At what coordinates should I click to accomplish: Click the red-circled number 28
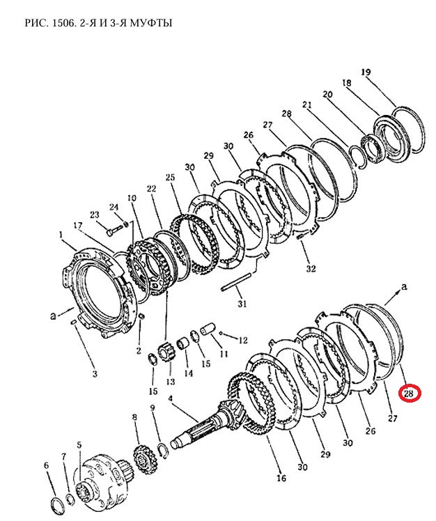click(x=410, y=394)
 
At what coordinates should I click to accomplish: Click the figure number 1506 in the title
click(x=61, y=23)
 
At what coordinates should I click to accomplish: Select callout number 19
click(x=366, y=72)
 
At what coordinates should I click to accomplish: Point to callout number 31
click(x=242, y=304)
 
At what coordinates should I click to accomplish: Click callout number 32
click(x=311, y=268)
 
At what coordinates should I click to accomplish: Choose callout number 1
click(x=61, y=235)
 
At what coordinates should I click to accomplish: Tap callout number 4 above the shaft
click(x=171, y=398)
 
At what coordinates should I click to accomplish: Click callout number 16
click(x=281, y=478)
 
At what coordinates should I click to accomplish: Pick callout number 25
click(x=170, y=177)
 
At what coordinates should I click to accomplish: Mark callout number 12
click(x=243, y=340)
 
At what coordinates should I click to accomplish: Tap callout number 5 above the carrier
click(x=79, y=445)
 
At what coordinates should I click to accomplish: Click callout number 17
click(x=78, y=226)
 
